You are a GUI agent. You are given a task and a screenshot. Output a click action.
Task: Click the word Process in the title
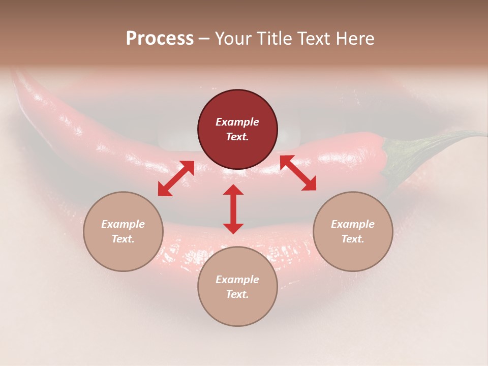coord(160,39)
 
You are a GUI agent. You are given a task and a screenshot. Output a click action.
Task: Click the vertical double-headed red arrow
coord(233,209)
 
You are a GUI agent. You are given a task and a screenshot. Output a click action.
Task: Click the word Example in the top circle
coord(237,122)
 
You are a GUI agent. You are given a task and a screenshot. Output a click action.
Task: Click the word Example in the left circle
coord(123,224)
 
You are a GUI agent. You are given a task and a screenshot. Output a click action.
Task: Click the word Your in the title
coord(232,39)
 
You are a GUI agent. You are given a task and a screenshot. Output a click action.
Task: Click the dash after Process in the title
coord(204,39)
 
